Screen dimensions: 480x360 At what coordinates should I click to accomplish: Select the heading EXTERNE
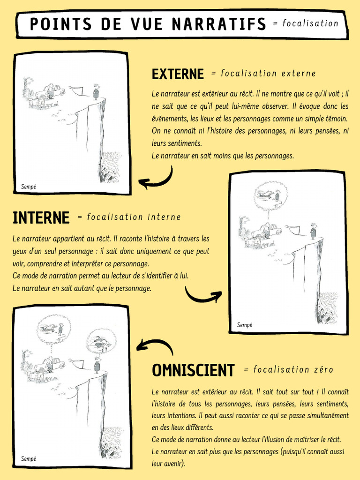tap(178, 74)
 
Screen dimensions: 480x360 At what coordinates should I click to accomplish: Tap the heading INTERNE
tap(41, 217)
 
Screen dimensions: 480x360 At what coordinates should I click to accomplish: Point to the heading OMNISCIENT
tap(193, 370)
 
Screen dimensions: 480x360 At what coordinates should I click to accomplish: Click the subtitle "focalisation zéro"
tap(293, 370)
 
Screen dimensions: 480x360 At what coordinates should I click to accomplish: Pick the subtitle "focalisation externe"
tap(268, 74)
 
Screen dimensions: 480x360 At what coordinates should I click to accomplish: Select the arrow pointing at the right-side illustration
tap(203, 295)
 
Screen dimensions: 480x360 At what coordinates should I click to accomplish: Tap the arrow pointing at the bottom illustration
tap(154, 347)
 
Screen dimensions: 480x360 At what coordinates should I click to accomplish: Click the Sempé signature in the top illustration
tap(29, 187)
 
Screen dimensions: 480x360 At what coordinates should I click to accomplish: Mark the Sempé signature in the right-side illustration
tap(244, 325)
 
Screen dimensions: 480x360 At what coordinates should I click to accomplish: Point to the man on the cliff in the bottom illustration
tap(97, 365)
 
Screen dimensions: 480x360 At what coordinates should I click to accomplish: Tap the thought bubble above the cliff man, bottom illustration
tap(101, 342)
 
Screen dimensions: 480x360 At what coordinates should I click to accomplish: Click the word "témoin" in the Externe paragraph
tap(336, 119)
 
